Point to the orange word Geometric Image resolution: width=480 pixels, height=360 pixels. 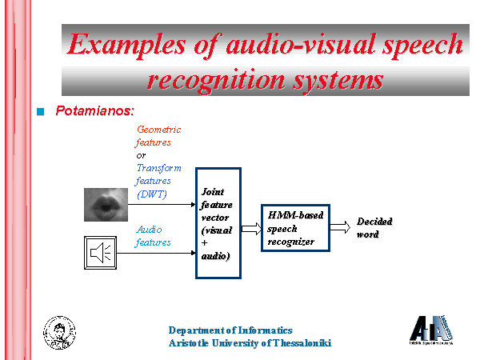[159, 129]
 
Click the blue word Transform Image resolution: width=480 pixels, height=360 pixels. [159, 168]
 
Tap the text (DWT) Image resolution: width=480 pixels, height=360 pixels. [152, 194]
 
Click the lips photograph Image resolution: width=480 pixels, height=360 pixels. [106, 205]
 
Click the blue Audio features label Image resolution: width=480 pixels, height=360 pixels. [154, 236]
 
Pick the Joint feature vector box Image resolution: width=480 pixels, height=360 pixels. [218, 223]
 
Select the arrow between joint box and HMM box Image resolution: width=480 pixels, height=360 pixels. [251, 227]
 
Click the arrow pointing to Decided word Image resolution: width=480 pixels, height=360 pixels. [339, 227]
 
